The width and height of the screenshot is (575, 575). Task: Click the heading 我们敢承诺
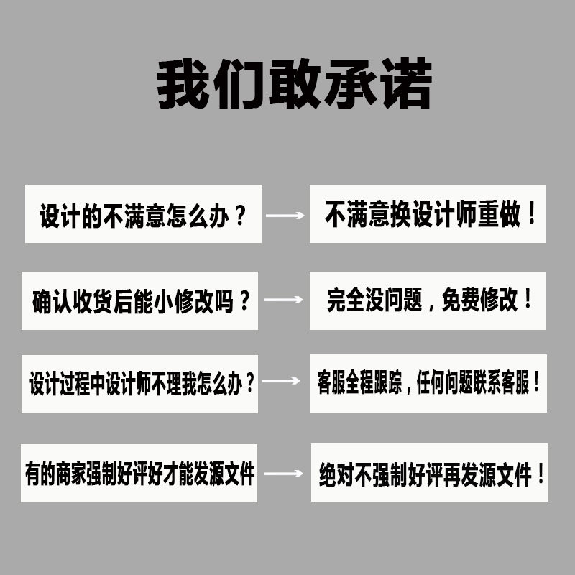(295, 85)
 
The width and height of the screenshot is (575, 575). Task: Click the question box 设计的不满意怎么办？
(143, 214)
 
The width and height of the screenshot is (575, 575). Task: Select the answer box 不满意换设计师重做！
(428, 214)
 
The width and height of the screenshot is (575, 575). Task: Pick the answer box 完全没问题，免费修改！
(428, 300)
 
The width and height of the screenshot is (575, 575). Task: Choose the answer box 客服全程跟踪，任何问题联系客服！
(428, 383)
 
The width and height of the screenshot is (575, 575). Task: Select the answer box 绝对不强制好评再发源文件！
(429, 473)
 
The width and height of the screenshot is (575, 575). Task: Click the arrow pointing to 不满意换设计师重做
(285, 215)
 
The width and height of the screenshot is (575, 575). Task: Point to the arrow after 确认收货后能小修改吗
(284, 299)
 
